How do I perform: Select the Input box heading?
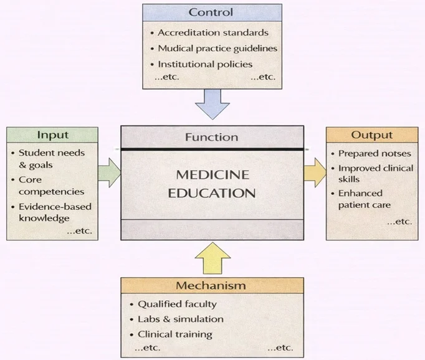pyautogui.click(x=52, y=135)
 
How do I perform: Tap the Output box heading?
pyautogui.click(x=371, y=135)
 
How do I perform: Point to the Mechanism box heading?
pyautogui.click(x=211, y=286)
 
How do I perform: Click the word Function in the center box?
pyautogui.click(x=212, y=137)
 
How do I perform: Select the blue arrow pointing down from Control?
pyautogui.click(x=212, y=103)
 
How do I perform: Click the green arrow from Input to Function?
pyautogui.click(x=110, y=173)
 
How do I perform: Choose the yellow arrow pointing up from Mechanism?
pyautogui.click(x=212, y=257)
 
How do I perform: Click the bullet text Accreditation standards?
pyautogui.click(x=213, y=32)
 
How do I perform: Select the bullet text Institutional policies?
pyautogui.click(x=205, y=64)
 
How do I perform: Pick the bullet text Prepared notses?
pyautogui.click(x=375, y=153)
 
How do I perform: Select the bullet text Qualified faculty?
pyautogui.click(x=177, y=304)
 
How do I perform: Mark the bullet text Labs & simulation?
pyautogui.click(x=180, y=319)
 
